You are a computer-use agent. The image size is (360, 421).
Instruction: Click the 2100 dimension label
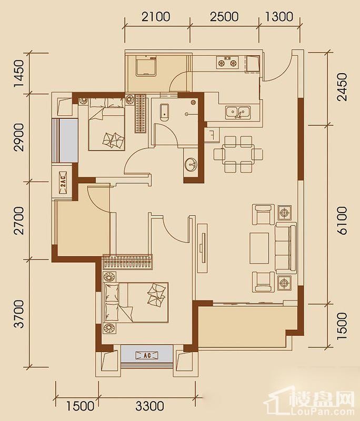tap(156, 17)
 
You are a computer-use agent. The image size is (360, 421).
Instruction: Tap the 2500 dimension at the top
tap(224, 17)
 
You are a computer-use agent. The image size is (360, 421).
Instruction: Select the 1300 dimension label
tap(279, 17)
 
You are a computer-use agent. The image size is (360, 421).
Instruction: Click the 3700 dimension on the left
tap(19, 314)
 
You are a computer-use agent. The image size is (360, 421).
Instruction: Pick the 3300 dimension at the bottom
tap(149, 406)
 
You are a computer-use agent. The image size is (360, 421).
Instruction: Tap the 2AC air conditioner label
tap(63, 182)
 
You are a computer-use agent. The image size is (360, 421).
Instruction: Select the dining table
tap(238, 154)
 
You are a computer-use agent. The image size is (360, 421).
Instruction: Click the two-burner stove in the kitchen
tap(227, 62)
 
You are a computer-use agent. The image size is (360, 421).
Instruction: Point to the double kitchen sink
tap(238, 112)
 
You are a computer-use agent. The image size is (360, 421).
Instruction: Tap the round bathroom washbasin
tap(192, 164)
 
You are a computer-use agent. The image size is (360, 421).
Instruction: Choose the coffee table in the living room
tap(259, 248)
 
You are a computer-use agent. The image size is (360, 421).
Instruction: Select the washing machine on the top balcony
tap(146, 66)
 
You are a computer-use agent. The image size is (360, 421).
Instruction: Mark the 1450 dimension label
tap(19, 73)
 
